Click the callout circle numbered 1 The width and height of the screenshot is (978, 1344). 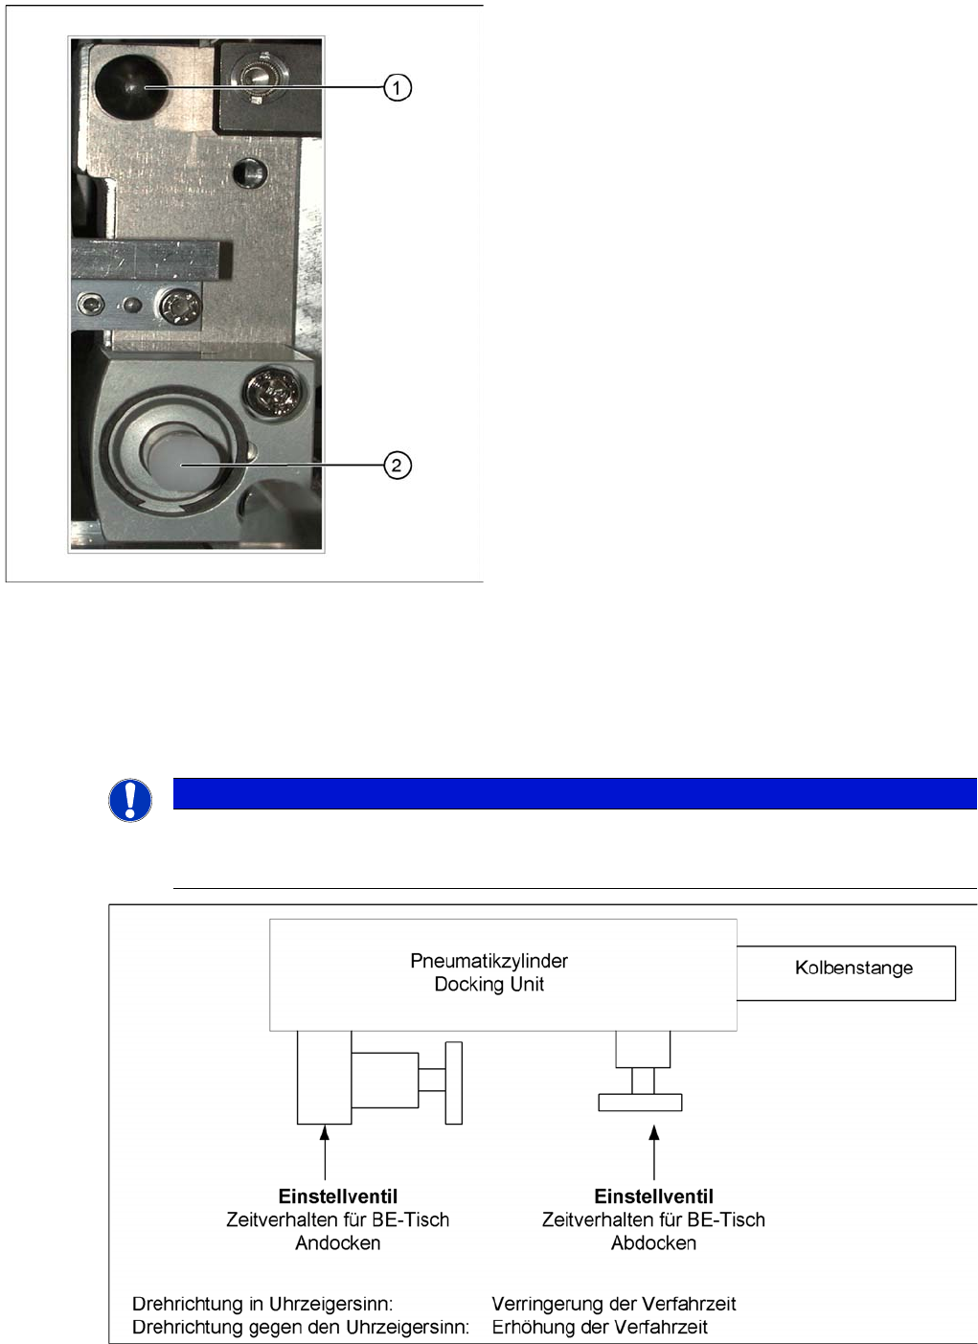[x=398, y=88]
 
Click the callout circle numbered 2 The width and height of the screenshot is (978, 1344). [x=397, y=466]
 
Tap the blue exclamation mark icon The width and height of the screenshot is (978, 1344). [x=130, y=800]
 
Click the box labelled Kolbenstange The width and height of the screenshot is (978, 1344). [x=853, y=969]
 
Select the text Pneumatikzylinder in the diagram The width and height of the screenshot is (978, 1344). [x=489, y=961]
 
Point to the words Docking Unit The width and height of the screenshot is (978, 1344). [x=489, y=985]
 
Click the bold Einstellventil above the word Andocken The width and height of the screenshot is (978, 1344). [x=337, y=1196]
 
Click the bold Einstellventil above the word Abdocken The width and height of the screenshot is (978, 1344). [x=653, y=1196]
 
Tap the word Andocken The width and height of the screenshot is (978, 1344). [x=337, y=1243]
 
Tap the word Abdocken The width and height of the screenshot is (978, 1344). [x=653, y=1243]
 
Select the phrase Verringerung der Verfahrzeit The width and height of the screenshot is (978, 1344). [x=613, y=1304]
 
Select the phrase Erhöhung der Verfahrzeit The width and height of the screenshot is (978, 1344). [x=600, y=1328]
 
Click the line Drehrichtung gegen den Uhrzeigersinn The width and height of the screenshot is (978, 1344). [x=300, y=1328]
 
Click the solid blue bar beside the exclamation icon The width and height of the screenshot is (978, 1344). [x=575, y=794]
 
